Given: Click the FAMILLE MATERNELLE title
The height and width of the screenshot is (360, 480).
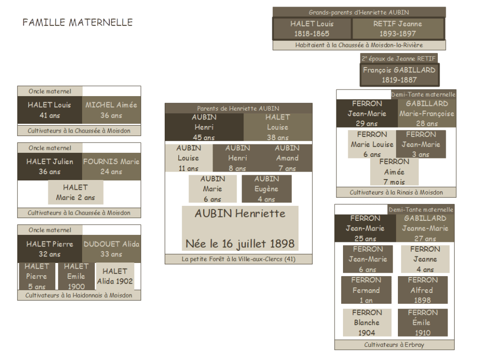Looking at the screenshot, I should [77, 22].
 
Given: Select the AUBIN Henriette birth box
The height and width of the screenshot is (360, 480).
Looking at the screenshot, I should [240, 228].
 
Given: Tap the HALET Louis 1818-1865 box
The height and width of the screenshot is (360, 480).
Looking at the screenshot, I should [312, 29].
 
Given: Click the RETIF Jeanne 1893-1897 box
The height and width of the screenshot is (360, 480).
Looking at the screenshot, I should [397, 29].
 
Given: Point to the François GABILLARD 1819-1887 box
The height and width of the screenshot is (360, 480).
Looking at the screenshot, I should [399, 75].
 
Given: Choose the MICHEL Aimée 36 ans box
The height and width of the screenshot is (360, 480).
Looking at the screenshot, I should [111, 110].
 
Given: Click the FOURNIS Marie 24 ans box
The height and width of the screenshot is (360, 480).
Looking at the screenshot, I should [111, 166].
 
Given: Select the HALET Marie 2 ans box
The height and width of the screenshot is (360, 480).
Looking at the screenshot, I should [76, 192].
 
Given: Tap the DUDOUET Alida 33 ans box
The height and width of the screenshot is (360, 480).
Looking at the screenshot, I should [111, 249].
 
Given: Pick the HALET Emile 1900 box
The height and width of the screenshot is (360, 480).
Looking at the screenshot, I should [76, 277].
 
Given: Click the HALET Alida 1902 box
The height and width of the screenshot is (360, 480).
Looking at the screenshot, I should [115, 277].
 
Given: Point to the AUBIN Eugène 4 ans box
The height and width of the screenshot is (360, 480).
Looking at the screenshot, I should [267, 189].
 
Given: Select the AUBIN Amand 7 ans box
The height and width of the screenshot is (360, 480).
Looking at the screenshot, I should [287, 158].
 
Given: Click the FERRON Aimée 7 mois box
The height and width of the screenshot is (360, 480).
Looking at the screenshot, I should [394, 172].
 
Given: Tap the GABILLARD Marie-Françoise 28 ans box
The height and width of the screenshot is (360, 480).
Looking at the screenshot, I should [427, 113].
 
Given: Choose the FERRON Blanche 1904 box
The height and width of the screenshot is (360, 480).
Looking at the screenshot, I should [366, 322].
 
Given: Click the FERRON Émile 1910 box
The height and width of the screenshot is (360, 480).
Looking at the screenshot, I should [422, 322].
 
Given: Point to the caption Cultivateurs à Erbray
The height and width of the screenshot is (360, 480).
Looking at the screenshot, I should [394, 345].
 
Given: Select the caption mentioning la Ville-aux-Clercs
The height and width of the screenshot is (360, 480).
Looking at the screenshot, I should [238, 259].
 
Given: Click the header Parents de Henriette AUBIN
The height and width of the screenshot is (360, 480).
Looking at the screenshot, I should [238, 108].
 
